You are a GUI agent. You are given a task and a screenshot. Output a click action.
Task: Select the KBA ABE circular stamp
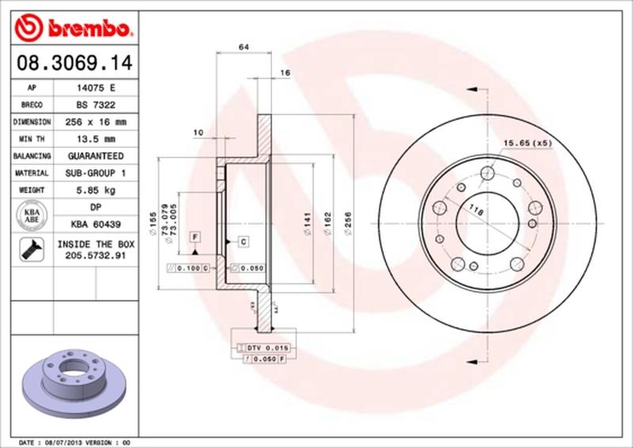point(32,216)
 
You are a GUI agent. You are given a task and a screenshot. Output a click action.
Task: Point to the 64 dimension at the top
point(244,48)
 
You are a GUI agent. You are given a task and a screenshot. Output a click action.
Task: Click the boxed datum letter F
point(194,237)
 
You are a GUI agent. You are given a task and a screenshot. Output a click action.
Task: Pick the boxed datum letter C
point(243,241)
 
